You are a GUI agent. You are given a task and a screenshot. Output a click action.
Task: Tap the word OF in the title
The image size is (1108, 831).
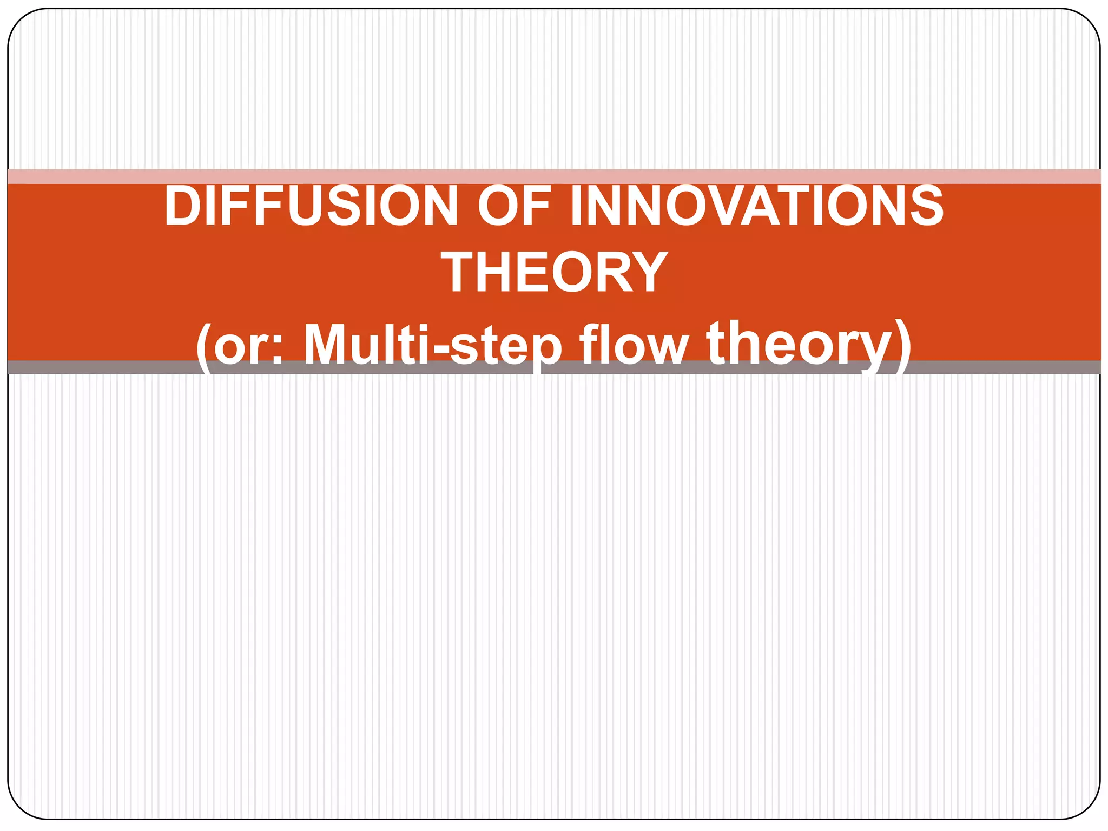click(x=514, y=206)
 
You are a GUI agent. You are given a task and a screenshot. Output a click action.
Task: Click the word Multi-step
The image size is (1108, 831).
click(x=432, y=345)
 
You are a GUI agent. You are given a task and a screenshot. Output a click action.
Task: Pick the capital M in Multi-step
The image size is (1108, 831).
click(x=329, y=344)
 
